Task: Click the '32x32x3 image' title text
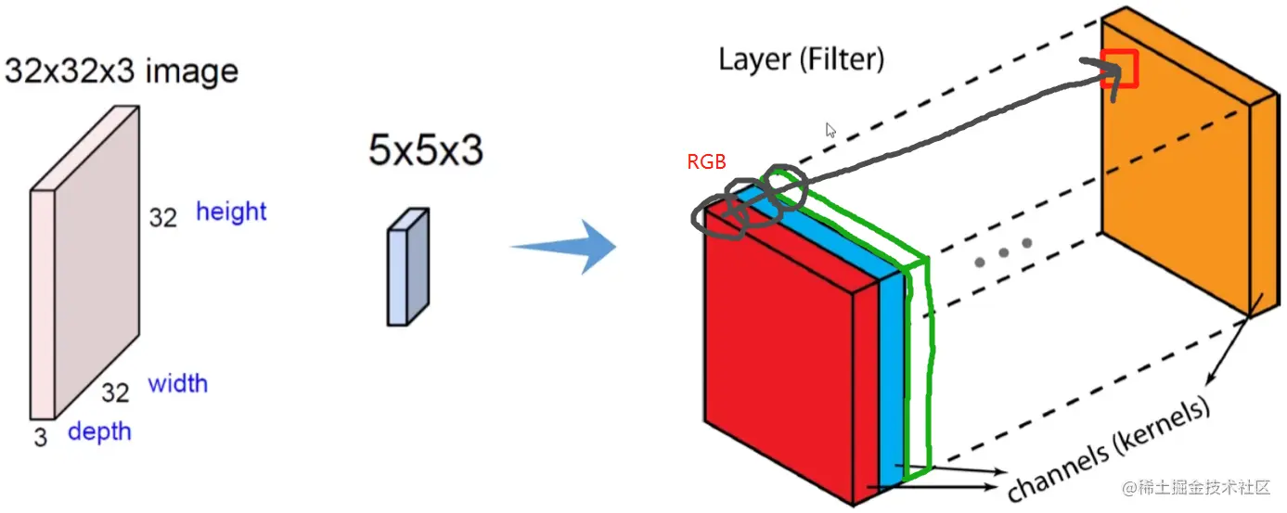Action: click(x=122, y=71)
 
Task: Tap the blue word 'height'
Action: click(x=231, y=212)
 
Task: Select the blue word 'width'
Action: click(x=177, y=383)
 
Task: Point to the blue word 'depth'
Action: click(x=99, y=431)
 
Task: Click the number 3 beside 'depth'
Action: click(x=41, y=437)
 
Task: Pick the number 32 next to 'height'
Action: click(x=162, y=218)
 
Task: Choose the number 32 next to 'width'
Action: click(x=116, y=392)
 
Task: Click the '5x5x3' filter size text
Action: click(x=426, y=150)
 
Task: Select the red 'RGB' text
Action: click(x=706, y=161)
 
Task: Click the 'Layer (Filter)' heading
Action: click(x=801, y=60)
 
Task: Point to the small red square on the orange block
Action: click(x=1119, y=69)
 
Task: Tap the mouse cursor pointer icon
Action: click(x=831, y=131)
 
